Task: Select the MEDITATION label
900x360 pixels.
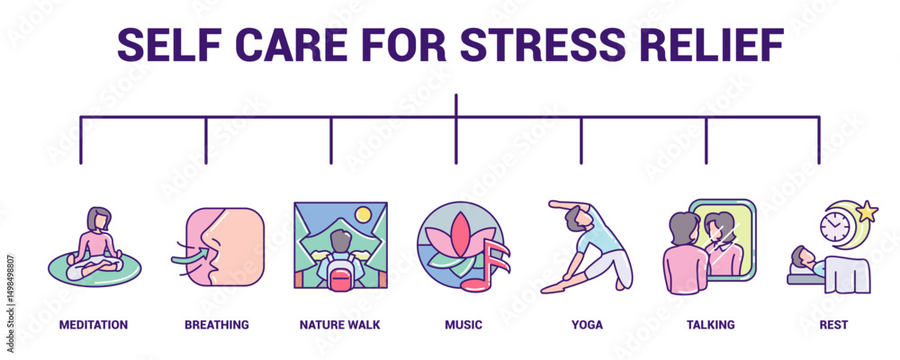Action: coord(94,324)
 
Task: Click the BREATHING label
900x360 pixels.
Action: coord(217,324)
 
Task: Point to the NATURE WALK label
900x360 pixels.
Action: coord(339,324)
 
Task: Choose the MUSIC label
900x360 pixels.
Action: coord(463,324)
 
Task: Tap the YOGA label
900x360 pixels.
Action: coord(587,324)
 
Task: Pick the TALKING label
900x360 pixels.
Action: coord(710,324)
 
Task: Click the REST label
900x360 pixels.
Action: coord(833,324)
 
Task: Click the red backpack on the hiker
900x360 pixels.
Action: coord(340,274)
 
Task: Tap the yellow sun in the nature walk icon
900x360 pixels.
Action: coord(363,215)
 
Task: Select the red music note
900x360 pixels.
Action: coord(485,266)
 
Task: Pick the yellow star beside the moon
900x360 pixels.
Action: coord(868,213)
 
